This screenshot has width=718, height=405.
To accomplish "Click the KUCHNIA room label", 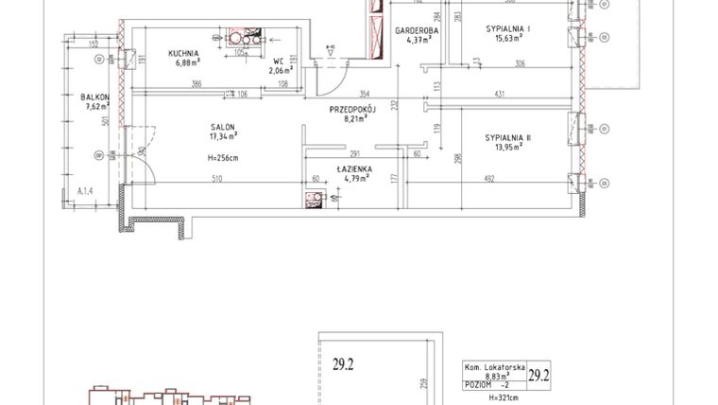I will [182, 53].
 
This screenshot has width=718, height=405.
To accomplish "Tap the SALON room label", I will [223, 128].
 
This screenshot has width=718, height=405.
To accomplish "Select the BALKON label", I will [94, 97].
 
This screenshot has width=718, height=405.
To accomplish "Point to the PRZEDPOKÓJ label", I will [352, 110].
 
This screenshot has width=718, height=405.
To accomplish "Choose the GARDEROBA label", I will [414, 30].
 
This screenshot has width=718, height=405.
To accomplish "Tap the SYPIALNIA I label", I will [507, 30].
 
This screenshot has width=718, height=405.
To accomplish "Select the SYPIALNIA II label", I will [508, 138].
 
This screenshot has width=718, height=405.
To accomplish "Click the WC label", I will [280, 60].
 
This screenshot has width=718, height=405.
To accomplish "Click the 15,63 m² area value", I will [507, 40].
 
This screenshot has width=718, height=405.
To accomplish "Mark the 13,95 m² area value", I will [508, 148].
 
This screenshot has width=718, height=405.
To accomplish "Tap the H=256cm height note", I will [223, 157].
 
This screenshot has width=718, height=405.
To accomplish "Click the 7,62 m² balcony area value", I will [95, 107].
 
